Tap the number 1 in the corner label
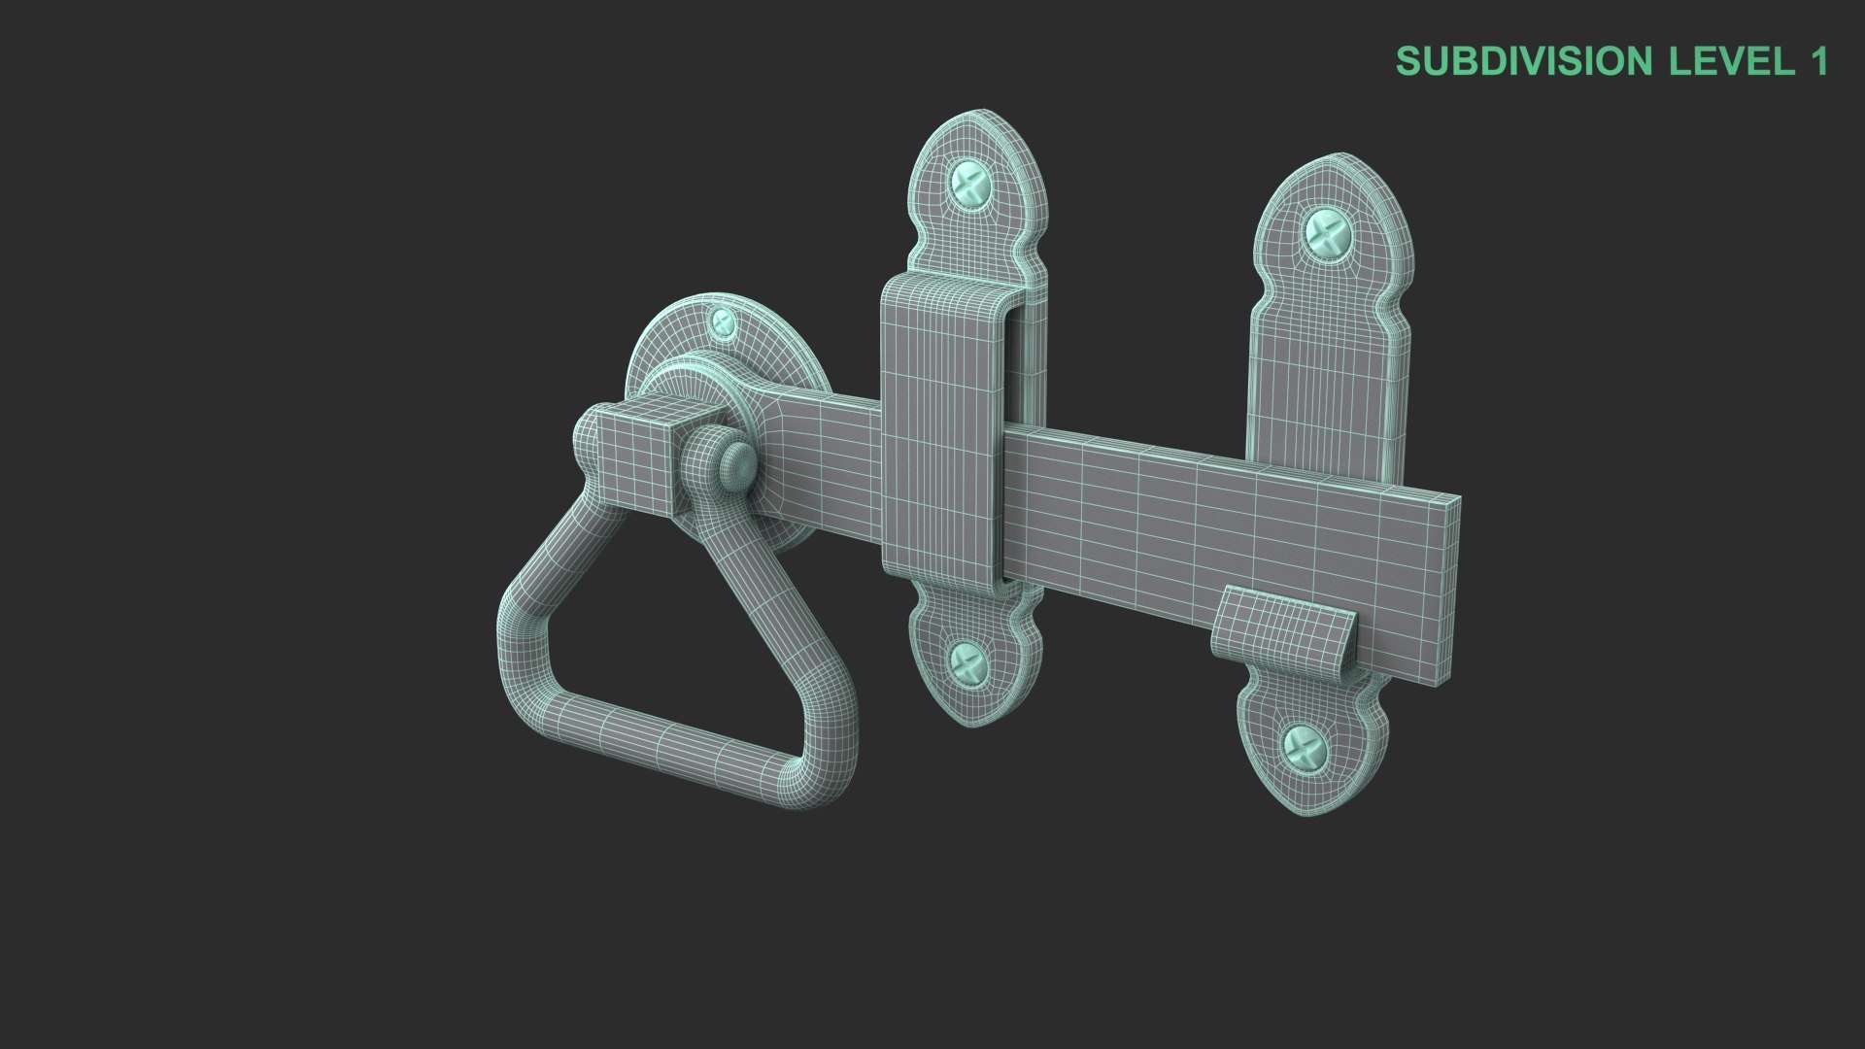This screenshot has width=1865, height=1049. (1818, 61)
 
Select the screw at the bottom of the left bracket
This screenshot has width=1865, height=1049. (967, 663)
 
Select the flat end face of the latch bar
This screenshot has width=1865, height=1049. (1447, 583)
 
